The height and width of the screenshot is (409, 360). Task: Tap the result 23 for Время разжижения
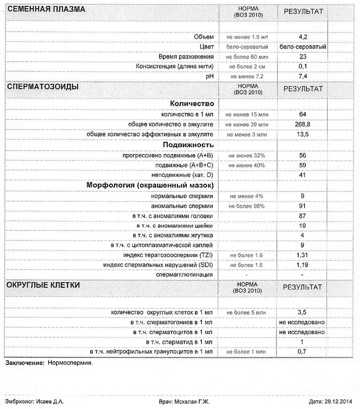coord(303,56)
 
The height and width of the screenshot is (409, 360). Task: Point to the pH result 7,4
coord(303,76)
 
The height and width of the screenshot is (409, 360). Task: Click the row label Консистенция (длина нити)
coord(175,66)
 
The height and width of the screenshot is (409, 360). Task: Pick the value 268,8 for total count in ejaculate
coord(303,124)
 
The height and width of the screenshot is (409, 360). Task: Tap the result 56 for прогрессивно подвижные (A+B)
coord(303,155)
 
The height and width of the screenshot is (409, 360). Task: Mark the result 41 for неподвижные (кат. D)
coord(303,175)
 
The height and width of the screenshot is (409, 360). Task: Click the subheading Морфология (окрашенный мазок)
coord(150,185)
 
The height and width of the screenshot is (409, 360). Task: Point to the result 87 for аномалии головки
coord(303,216)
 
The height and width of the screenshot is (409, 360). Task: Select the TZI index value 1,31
coord(303,255)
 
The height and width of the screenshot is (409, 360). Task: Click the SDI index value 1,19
coord(303,265)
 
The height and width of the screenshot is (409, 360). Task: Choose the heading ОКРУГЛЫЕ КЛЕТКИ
coord(43,285)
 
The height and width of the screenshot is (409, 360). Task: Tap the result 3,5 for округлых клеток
coord(303,312)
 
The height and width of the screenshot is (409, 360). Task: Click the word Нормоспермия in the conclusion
coord(70,363)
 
